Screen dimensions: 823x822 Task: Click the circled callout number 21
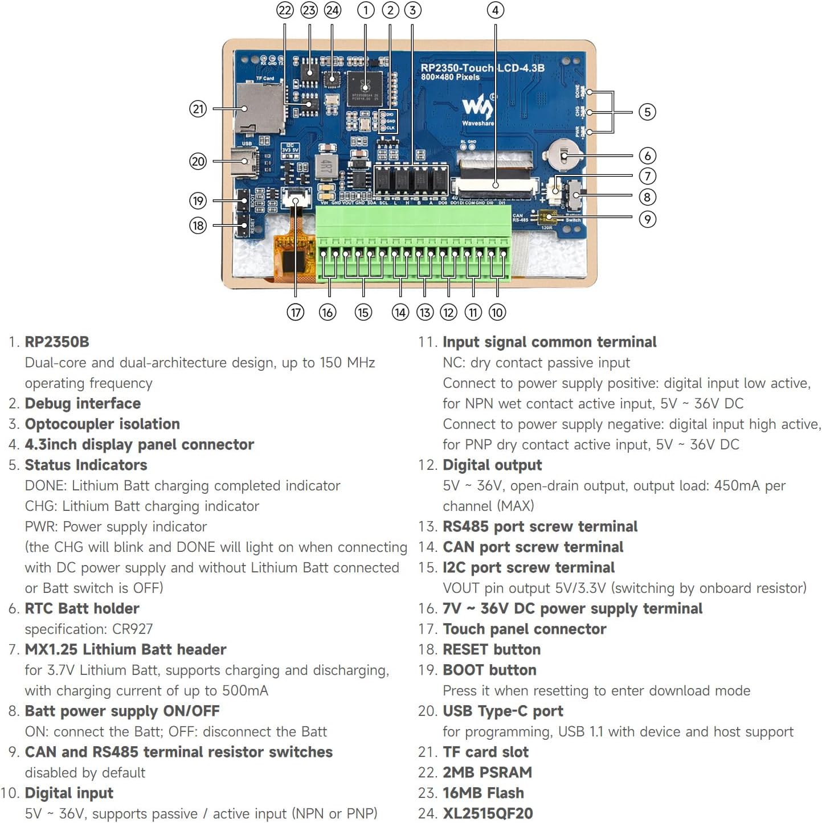198,109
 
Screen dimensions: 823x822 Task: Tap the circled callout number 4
495,10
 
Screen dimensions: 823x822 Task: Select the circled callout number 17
295,312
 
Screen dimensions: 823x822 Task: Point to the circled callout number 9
647,219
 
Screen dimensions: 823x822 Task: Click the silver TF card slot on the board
259,108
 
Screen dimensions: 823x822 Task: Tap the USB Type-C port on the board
249,162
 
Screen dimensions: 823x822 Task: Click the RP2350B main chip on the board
365,88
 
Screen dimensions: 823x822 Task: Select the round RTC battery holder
564,155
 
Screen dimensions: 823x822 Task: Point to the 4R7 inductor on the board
325,166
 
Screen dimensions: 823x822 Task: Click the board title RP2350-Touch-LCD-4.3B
482,68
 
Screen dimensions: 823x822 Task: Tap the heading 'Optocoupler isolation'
102,424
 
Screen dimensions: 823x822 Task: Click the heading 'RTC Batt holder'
82,608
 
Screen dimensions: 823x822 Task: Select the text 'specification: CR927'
89,629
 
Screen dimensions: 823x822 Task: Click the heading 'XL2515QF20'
488,813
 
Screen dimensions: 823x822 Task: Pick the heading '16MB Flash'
483,793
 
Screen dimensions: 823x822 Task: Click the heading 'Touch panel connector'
524,629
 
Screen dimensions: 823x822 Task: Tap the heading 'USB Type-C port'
502,711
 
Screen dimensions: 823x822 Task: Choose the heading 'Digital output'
492,465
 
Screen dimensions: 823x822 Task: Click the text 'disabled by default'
85,772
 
